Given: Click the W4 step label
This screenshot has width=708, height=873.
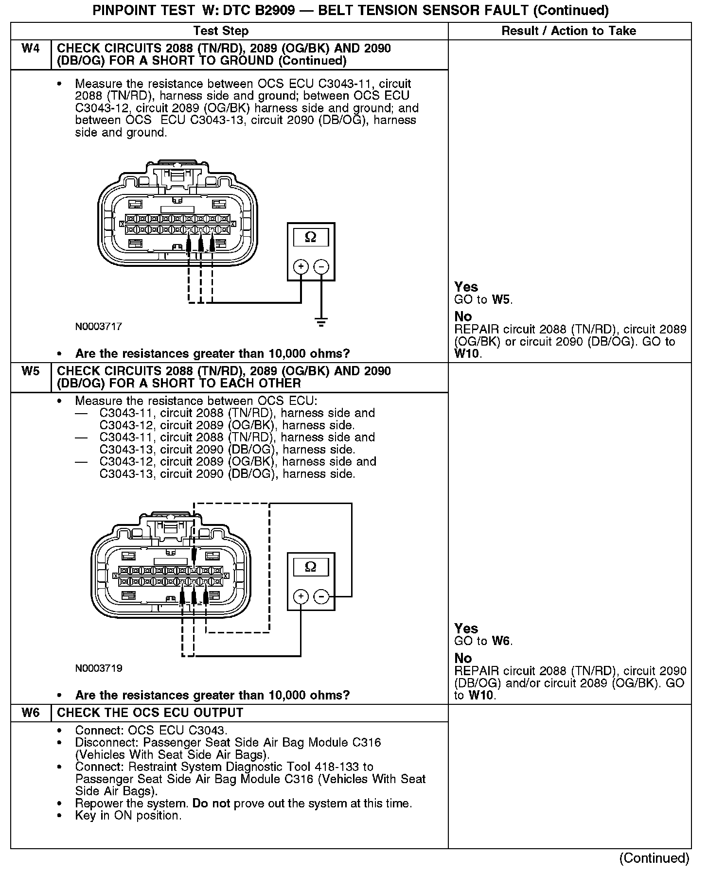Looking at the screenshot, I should point(31,49).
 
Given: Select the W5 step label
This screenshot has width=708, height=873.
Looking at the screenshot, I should point(31,371).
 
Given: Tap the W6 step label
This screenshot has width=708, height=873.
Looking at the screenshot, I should point(31,713).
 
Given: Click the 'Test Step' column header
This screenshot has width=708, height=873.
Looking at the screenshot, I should point(221,31).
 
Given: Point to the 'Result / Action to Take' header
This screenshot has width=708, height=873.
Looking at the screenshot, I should point(568,31).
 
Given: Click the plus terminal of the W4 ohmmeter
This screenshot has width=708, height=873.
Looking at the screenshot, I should point(301,266).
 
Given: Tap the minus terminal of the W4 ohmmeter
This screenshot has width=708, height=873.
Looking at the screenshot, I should point(321,266).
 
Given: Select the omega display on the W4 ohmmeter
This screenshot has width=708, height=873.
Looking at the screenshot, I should point(311,237).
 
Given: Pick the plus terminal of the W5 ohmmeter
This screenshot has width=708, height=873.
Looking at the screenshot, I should point(301,596).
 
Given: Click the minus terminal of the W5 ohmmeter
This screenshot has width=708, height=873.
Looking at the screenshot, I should point(321,596).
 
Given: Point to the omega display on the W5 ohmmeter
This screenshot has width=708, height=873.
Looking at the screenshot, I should point(311,567).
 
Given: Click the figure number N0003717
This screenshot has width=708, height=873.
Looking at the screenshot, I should point(98,327).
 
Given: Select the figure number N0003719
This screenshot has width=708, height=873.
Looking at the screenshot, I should point(98,668).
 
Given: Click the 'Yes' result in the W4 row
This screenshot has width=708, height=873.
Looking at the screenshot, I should point(466,287).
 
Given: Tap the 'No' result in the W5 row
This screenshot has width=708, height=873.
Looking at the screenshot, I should point(463,658).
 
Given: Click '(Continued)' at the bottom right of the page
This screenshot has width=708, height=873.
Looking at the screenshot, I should point(654,858).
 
